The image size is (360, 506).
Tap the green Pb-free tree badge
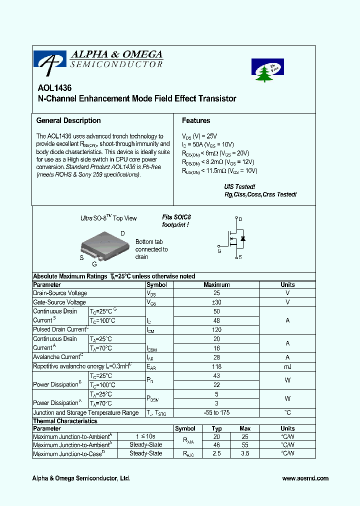tap(267, 70)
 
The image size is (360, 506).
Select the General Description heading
tap(68, 120)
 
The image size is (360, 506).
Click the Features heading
tap(196, 120)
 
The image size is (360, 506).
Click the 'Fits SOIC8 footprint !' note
tap(176, 221)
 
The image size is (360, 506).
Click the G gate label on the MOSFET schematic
tap(219, 251)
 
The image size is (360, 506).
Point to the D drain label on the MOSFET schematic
tap(240, 219)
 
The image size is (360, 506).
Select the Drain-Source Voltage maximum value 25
tap(216, 293)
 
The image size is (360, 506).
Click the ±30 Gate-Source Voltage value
tap(216, 302)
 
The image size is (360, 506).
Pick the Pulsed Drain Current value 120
tap(216, 329)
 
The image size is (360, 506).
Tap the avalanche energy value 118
tap(216, 366)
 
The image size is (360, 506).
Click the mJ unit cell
tap(287, 366)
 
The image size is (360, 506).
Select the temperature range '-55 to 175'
tap(216, 412)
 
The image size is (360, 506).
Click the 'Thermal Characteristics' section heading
tap(65, 421)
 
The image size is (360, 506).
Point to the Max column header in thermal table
tap(245, 428)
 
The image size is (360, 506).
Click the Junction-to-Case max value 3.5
tap(245, 453)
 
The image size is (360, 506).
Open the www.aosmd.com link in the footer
tap(305, 478)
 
